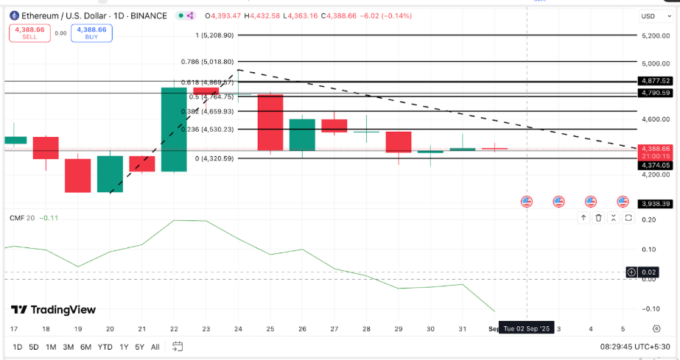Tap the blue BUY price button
[91, 33]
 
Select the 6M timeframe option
[85, 347]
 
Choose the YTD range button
[105, 347]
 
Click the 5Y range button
[139, 347]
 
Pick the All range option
[155, 347]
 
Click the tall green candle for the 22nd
[174, 130]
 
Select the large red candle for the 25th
[270, 122]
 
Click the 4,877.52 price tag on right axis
[655, 81]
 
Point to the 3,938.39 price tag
[655, 204]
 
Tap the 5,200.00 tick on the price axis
[655, 35]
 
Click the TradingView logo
[53, 310]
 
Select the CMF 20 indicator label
[22, 218]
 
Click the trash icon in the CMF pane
[598, 218]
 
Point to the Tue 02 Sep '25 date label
[526, 328]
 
